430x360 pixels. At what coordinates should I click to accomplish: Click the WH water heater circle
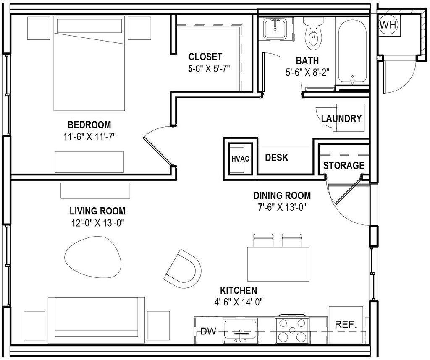tap(388, 25)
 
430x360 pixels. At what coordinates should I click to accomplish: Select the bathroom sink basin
tap(275, 29)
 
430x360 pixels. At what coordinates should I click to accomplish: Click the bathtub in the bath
tap(352, 52)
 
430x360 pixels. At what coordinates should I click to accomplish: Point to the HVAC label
tap(240, 159)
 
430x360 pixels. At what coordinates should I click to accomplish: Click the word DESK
tap(276, 157)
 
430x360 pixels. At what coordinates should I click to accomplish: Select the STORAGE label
tap(343, 165)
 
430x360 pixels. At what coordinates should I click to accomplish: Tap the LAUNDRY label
tap(341, 118)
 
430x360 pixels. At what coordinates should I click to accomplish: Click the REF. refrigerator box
tap(346, 325)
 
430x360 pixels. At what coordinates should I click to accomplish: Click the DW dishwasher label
tap(208, 331)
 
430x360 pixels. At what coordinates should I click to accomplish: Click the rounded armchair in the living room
tap(182, 268)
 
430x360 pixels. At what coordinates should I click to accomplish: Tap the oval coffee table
tap(93, 257)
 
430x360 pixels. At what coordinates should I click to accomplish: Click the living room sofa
tap(97, 320)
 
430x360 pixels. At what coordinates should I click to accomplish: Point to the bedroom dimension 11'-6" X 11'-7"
tap(89, 137)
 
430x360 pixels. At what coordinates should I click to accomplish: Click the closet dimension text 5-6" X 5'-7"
tap(209, 68)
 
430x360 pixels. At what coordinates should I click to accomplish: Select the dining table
tap(279, 264)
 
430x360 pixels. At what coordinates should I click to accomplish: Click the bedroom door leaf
tap(158, 151)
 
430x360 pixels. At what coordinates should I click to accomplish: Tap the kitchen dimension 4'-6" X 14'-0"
tap(239, 302)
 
